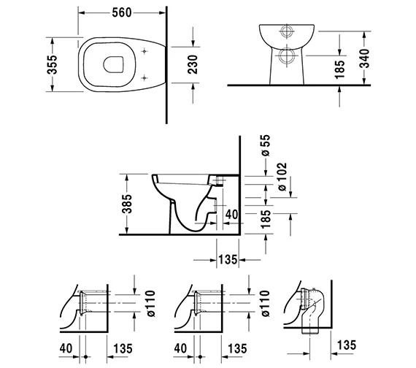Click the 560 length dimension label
122,12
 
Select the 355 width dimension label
52,64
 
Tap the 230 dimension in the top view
193,64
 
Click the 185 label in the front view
340,69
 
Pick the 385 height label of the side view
127,204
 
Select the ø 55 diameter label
266,145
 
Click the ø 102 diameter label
282,177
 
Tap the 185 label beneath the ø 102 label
266,219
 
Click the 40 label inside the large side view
232,215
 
